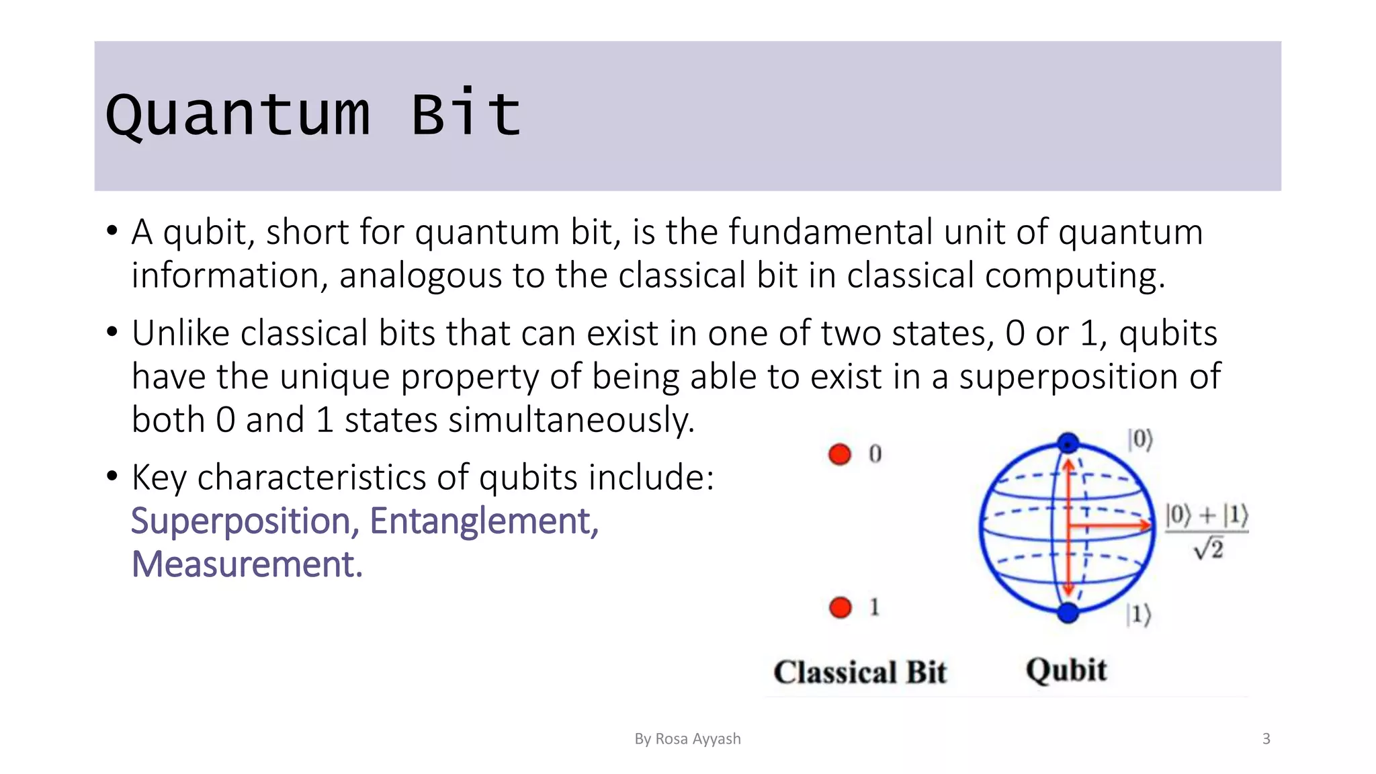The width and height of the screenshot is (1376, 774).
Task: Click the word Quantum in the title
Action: pyautogui.click(x=238, y=115)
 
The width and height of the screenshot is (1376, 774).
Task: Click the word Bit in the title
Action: pyautogui.click(x=466, y=115)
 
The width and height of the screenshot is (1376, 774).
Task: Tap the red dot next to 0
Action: pyautogui.click(x=840, y=454)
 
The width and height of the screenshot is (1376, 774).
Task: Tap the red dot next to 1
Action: pyautogui.click(x=840, y=607)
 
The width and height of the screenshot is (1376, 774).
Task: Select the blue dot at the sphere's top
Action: pyautogui.click(x=1068, y=443)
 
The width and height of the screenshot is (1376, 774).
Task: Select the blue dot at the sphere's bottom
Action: pyautogui.click(x=1068, y=612)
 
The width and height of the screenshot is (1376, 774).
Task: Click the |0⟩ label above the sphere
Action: pyautogui.click(x=1140, y=440)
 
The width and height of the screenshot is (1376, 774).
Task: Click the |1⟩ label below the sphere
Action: pyautogui.click(x=1138, y=614)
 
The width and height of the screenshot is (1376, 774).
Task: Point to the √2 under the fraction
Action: pyautogui.click(x=1209, y=550)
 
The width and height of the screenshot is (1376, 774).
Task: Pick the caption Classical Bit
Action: pyautogui.click(x=860, y=673)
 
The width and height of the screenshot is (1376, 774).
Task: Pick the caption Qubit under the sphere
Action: pyautogui.click(x=1066, y=671)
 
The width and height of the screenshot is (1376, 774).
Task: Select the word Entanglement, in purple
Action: pyautogui.click(x=484, y=521)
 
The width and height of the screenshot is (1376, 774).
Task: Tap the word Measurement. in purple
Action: pyautogui.click(x=247, y=564)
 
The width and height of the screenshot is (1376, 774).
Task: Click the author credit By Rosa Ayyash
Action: pyautogui.click(x=687, y=739)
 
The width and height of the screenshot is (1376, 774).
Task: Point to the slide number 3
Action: pyautogui.click(x=1266, y=739)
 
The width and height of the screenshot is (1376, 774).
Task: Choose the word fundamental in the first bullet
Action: pyautogui.click(x=830, y=232)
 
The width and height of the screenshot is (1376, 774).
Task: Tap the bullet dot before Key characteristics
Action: pyautogui.click(x=112, y=476)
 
